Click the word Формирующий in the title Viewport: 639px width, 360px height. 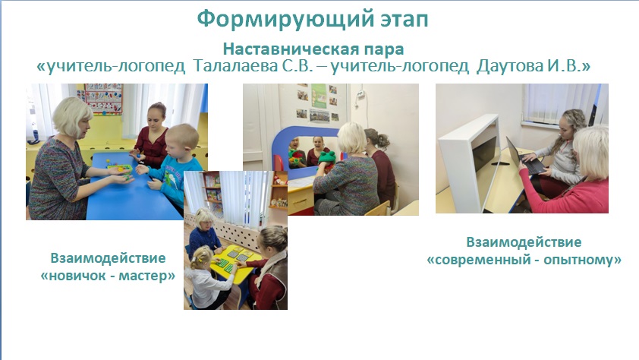(285, 19)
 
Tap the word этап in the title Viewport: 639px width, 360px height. (404, 21)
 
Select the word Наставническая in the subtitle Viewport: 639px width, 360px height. (291, 49)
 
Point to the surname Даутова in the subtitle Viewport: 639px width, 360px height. (510, 65)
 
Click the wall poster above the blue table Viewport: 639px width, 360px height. (103, 98)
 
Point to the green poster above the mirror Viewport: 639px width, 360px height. (319, 96)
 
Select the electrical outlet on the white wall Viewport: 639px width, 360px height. (360, 96)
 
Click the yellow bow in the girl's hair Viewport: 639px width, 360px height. (200, 259)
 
